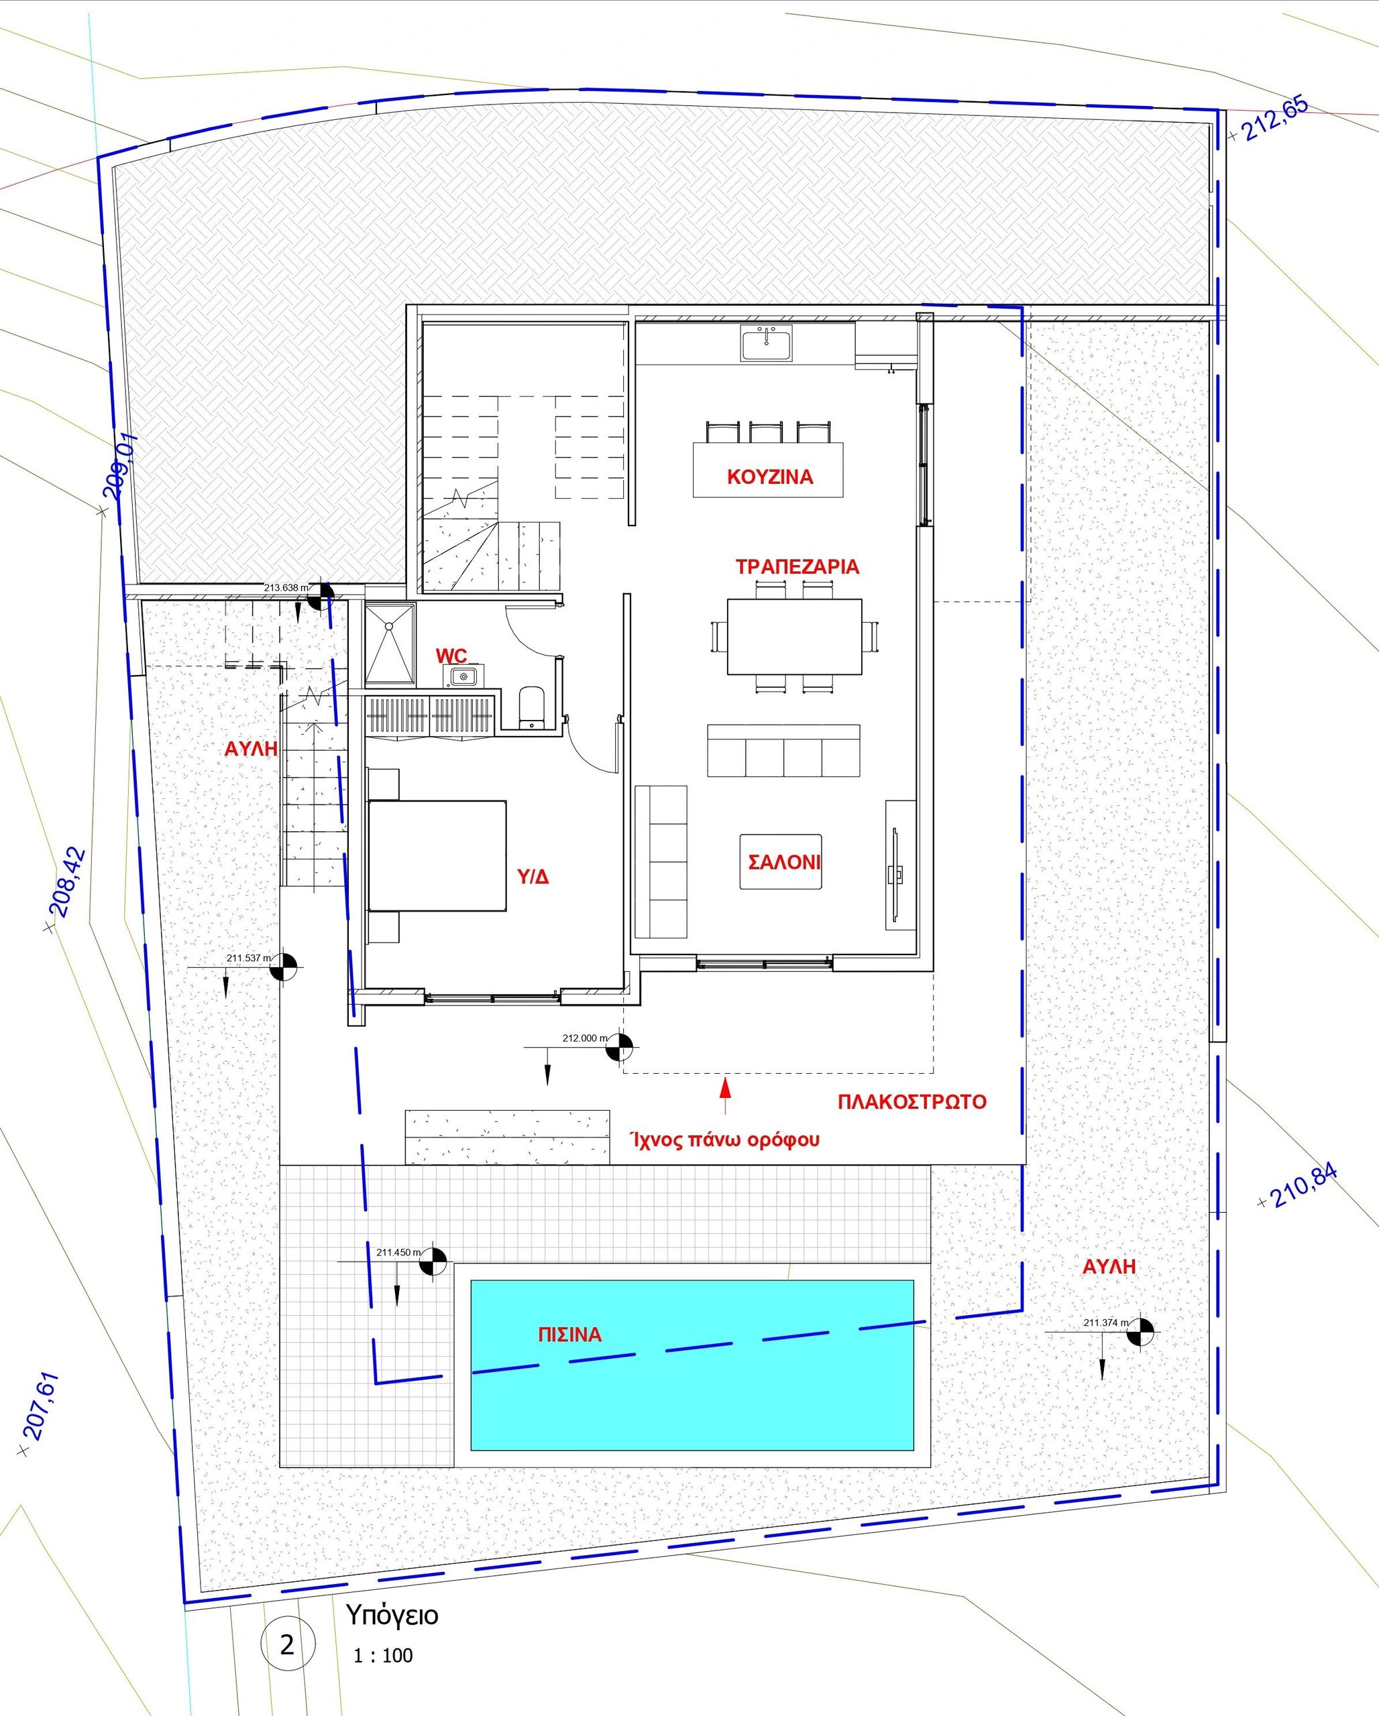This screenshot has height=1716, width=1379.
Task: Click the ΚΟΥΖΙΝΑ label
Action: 770,477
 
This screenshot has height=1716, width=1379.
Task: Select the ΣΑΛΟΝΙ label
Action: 783,862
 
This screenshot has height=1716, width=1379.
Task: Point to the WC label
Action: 451,656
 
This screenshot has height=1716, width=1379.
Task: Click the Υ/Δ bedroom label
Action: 533,877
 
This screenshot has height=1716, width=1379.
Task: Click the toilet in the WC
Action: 531,707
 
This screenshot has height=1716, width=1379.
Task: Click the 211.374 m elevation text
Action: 1106,1323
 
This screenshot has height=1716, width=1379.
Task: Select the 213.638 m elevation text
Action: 286,588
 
